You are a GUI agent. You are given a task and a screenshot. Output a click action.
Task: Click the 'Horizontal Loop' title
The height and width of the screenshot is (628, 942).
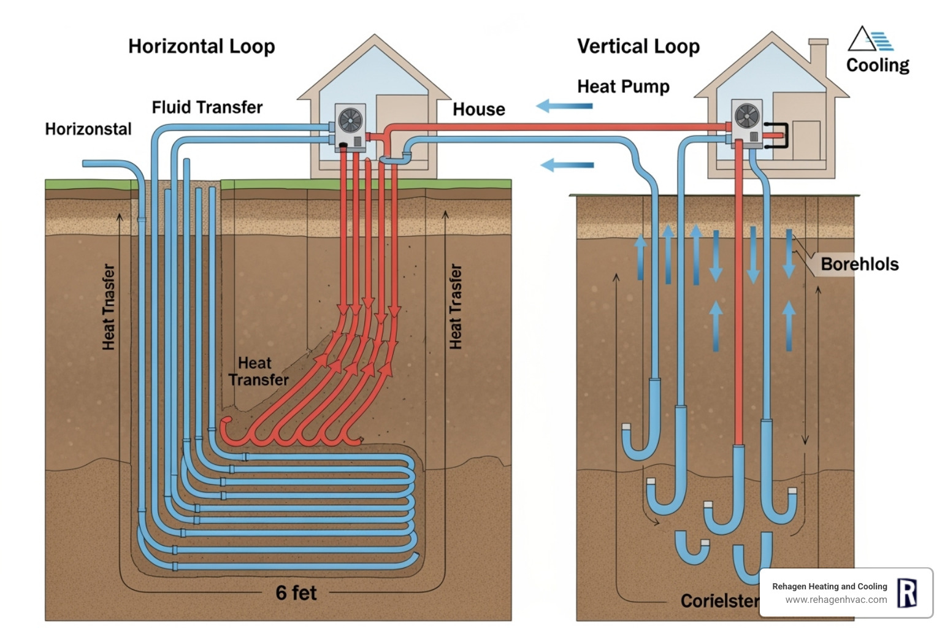coord(201,47)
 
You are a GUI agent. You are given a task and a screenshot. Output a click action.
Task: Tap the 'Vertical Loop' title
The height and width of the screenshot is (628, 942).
coord(638,47)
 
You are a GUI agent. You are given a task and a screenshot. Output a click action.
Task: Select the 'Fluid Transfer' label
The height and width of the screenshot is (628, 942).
coord(207,107)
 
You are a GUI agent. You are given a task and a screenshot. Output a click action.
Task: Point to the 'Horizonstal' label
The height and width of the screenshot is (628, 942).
coord(88,129)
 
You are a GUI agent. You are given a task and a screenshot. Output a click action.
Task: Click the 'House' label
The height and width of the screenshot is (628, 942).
coord(478,110)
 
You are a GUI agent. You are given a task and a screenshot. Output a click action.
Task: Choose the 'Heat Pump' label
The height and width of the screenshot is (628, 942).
coord(623,86)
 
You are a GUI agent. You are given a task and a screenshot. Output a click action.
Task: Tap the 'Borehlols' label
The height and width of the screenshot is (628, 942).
coord(859,264)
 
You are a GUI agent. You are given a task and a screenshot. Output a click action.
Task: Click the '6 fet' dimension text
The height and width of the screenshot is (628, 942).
coord(296,593)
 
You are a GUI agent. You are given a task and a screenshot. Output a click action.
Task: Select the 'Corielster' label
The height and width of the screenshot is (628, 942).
coord(719,601)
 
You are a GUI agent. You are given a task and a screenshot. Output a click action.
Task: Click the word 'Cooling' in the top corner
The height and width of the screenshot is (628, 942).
coord(877,65)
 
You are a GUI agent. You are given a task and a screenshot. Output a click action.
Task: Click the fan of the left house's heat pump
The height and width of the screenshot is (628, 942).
coord(350,120)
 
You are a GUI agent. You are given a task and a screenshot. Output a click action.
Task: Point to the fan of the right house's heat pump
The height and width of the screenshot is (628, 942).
coord(747,115)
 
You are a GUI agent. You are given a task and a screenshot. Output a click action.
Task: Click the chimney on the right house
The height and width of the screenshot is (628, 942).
coord(818,58)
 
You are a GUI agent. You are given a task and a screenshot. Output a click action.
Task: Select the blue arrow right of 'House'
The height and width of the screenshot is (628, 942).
coord(564,106)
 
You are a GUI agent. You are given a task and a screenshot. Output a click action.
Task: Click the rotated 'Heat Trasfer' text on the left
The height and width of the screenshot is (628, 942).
coord(109,307)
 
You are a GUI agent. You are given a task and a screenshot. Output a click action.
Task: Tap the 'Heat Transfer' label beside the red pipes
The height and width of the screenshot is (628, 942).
coord(258,372)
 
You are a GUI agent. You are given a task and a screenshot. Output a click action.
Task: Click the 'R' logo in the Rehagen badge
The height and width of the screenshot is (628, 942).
coord(906,593)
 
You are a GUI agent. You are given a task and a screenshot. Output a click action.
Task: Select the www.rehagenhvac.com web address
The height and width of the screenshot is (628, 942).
coord(835,600)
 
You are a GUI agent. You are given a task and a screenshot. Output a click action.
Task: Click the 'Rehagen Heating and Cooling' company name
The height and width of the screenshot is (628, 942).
coord(829,586)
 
